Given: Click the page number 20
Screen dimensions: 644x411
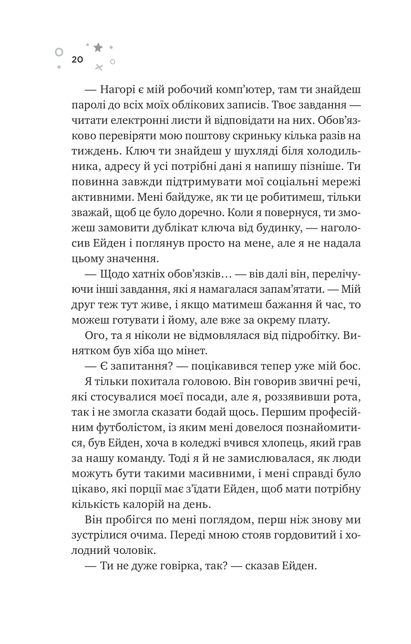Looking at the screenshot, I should click(x=77, y=60).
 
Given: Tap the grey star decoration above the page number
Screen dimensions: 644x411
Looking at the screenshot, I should click(x=98, y=48).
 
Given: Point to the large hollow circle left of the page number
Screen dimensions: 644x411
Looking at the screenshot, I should click(x=59, y=52).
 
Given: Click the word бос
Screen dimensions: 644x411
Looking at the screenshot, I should click(x=350, y=366).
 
